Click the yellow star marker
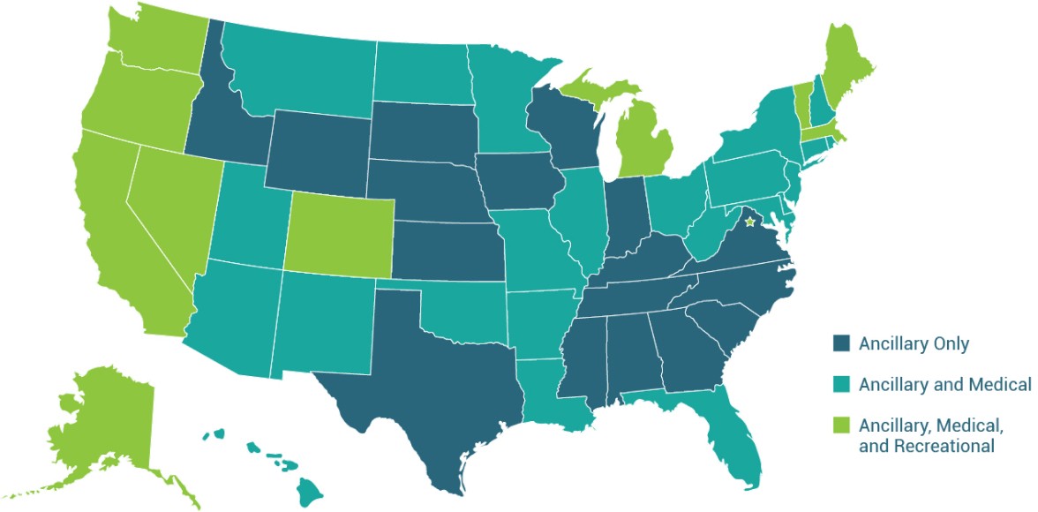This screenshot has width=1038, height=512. click(750, 222)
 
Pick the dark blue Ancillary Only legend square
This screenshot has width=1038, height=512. click(842, 343)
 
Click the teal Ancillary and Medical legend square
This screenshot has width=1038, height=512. click(842, 384)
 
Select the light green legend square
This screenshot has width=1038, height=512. click(842, 425)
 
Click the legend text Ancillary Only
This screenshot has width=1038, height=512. click(914, 343)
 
